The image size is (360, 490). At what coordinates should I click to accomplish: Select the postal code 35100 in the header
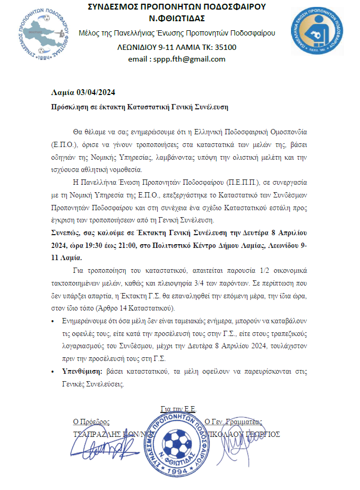226,47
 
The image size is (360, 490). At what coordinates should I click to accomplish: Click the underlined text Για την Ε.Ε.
178,409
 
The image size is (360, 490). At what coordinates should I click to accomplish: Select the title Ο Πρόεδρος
91,422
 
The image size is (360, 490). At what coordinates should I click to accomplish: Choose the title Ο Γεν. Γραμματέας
233,422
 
